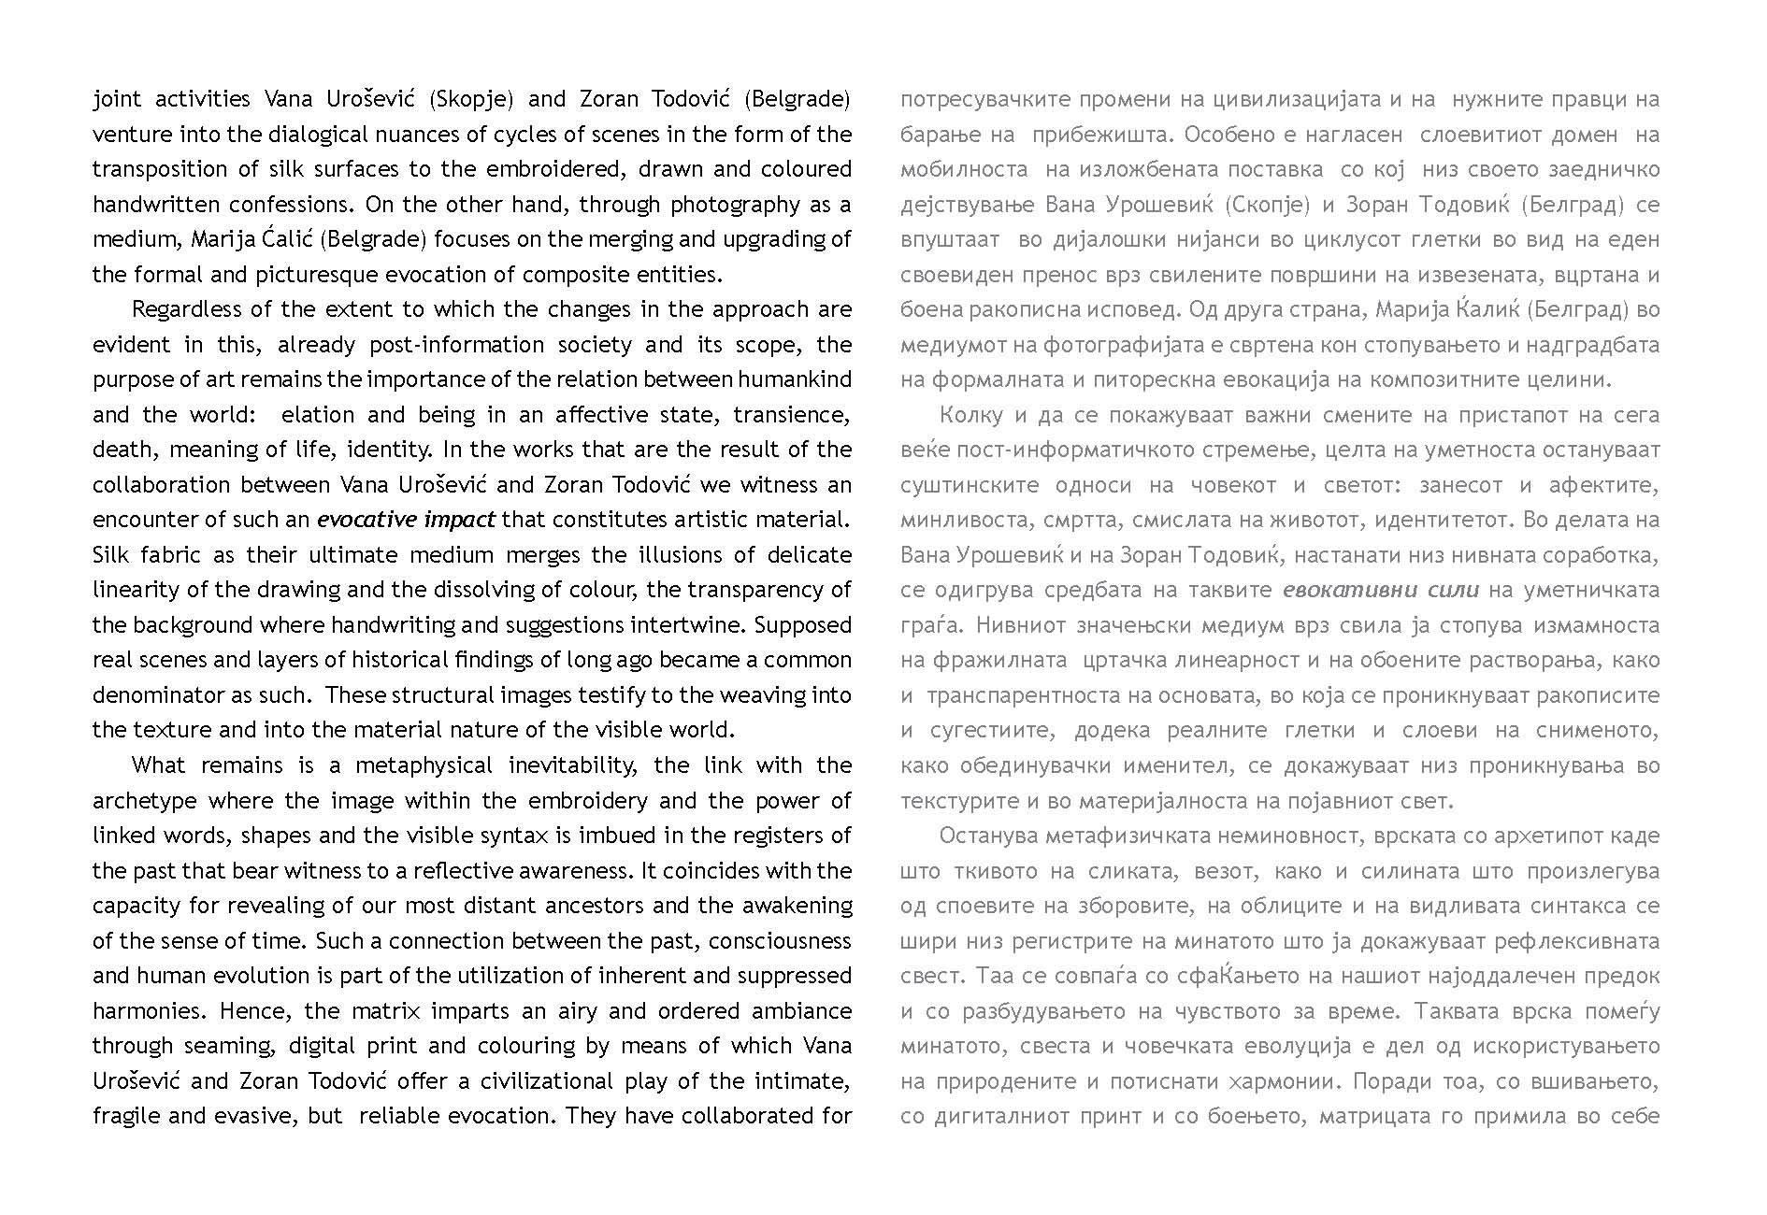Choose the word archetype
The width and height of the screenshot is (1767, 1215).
pyautogui.click(x=144, y=801)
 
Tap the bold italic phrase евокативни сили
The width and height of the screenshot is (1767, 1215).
pyautogui.click(x=1380, y=590)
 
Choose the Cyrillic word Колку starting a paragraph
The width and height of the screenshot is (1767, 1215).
pyautogui.click(x=970, y=415)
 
